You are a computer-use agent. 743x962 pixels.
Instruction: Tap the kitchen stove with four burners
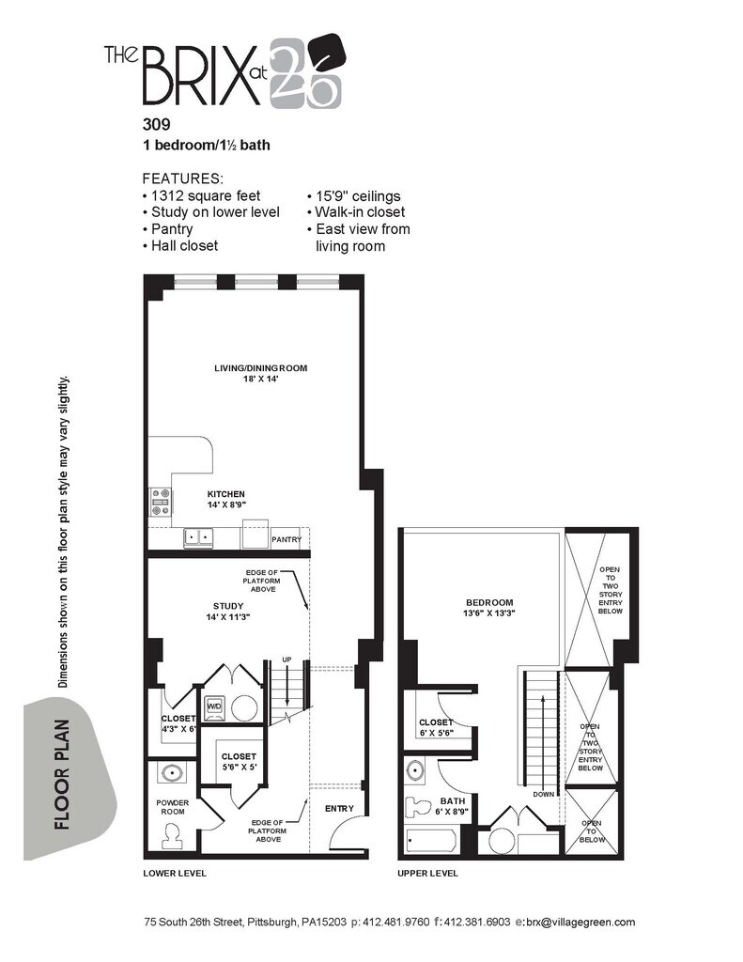[160, 502]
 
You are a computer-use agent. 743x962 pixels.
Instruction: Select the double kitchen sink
[198, 537]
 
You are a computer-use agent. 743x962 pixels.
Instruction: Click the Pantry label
[286, 539]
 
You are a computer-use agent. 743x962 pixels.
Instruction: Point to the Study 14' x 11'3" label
[228, 612]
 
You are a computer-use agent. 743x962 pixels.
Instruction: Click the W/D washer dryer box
[215, 706]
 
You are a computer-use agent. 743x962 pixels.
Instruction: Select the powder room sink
[171, 772]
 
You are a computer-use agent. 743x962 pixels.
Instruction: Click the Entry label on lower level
[339, 809]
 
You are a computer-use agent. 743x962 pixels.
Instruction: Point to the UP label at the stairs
[286, 659]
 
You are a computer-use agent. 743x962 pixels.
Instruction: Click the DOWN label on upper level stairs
[544, 794]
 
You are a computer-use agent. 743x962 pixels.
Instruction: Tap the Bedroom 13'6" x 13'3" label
[489, 608]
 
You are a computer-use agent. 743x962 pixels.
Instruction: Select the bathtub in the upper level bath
[432, 840]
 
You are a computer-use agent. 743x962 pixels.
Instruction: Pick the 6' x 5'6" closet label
[436, 728]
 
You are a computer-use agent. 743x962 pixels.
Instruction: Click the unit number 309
[157, 124]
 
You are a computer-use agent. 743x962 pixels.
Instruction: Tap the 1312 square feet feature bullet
[202, 196]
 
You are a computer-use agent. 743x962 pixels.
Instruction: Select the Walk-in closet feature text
[356, 212]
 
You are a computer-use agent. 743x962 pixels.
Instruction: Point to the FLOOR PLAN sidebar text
[63, 774]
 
